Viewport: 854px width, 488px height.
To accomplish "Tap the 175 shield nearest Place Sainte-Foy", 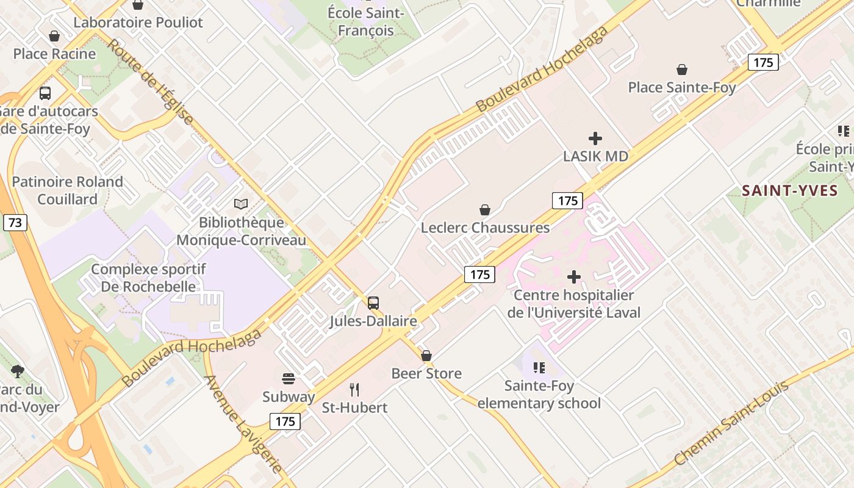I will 763,62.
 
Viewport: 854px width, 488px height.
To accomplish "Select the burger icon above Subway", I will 289,378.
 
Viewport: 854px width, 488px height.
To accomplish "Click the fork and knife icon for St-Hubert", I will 354,389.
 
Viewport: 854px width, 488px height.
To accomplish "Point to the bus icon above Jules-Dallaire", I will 373,303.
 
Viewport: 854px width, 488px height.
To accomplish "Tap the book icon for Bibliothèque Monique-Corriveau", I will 241,204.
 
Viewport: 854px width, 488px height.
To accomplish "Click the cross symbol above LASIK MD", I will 595,138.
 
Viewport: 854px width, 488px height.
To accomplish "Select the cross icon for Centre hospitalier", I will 573,277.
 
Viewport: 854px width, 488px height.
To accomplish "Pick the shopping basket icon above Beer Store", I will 426,355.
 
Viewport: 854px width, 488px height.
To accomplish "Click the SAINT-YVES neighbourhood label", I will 789,191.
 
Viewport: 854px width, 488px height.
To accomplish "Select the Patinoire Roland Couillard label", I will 67,190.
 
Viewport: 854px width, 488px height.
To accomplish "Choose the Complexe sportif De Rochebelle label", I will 148,278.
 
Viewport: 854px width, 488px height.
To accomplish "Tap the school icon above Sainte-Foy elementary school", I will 539,367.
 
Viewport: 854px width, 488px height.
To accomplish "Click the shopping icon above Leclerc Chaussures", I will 485,210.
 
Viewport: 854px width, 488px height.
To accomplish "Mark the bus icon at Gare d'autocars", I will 45,93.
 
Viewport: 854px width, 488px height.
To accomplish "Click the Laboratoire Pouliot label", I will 138,23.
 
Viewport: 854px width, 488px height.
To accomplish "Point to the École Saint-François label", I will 365,21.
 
